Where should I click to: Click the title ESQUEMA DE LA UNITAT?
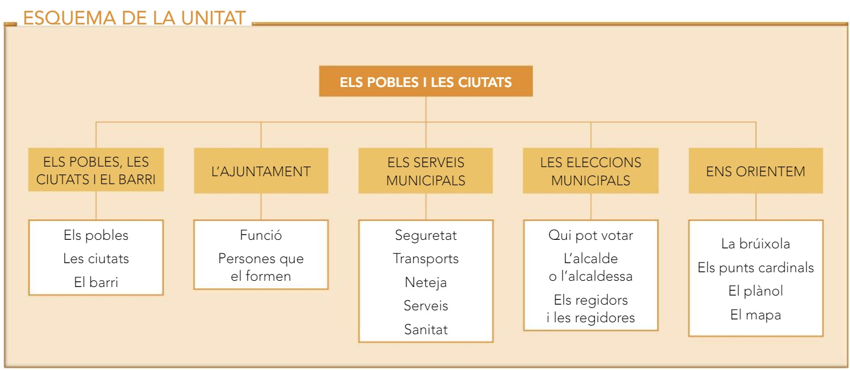click(x=134, y=18)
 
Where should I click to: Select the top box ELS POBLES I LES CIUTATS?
click(x=425, y=81)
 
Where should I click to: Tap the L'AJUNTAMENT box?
click(x=261, y=171)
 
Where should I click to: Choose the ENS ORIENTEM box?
click(x=756, y=171)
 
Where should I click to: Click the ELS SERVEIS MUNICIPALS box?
click(x=425, y=171)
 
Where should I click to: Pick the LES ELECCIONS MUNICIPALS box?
click(x=591, y=171)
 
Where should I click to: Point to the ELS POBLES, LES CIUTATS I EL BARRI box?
click(x=96, y=171)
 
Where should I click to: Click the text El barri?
click(x=96, y=282)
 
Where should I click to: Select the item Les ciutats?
click(x=96, y=259)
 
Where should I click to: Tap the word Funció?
click(x=261, y=235)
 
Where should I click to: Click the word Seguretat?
click(x=426, y=235)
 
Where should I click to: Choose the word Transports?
click(x=426, y=259)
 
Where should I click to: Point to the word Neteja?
click(x=426, y=282)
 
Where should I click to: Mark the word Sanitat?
click(x=426, y=329)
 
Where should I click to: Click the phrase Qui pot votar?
click(x=591, y=235)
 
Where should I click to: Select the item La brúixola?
click(x=756, y=244)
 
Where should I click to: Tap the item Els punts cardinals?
click(x=756, y=268)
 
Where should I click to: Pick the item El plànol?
click(x=756, y=291)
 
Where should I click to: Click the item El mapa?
click(x=756, y=315)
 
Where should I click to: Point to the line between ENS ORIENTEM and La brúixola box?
click(x=756, y=207)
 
